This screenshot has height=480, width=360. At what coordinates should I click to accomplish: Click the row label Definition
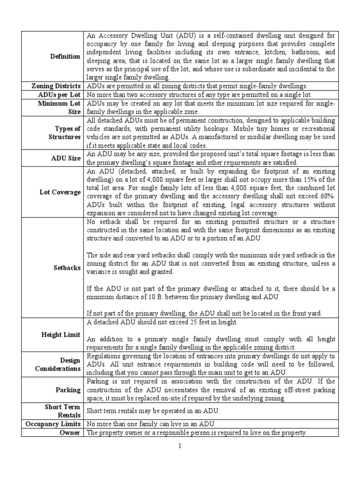click(x=65, y=56)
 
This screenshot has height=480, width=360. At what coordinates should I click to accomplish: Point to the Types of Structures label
click(x=65, y=133)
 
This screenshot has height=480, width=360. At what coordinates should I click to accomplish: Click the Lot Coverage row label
click(x=61, y=192)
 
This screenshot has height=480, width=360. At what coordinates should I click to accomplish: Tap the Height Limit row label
click(x=62, y=335)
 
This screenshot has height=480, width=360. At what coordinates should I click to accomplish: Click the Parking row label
click(x=69, y=390)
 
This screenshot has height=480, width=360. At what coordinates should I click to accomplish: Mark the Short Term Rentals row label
click(x=62, y=411)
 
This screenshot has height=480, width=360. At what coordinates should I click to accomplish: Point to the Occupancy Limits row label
click(x=54, y=424)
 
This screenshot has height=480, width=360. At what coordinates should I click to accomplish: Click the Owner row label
click(x=70, y=433)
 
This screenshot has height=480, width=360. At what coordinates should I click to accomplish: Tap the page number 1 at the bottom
click(x=179, y=446)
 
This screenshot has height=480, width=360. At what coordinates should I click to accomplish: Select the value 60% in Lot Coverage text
click(x=326, y=196)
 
